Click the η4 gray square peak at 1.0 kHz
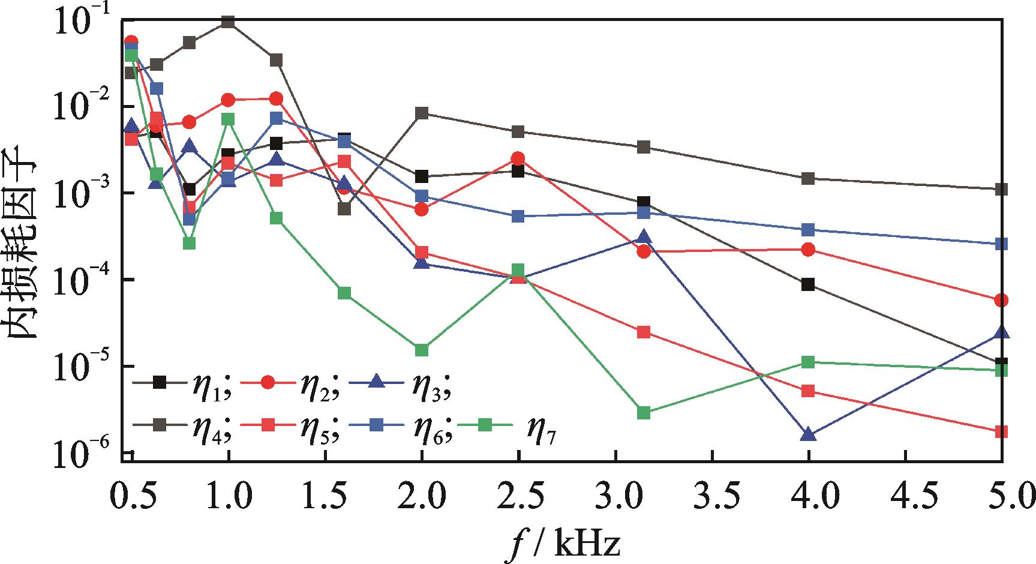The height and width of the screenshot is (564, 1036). point(228,22)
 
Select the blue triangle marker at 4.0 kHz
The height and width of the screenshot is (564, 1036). point(808,435)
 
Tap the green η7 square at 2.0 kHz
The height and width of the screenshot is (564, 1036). point(421,350)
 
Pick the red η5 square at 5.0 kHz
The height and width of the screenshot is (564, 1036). point(1001,432)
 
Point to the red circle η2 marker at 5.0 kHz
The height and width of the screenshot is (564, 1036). point(1001,300)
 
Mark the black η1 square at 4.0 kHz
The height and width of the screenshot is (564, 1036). point(808,284)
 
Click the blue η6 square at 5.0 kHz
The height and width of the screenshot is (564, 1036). point(1001,244)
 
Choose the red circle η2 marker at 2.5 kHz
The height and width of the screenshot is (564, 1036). point(518,158)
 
